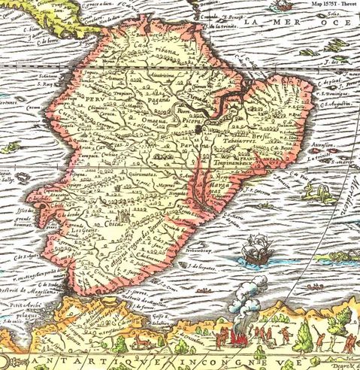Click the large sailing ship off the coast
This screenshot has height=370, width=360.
[x=258, y=251]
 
